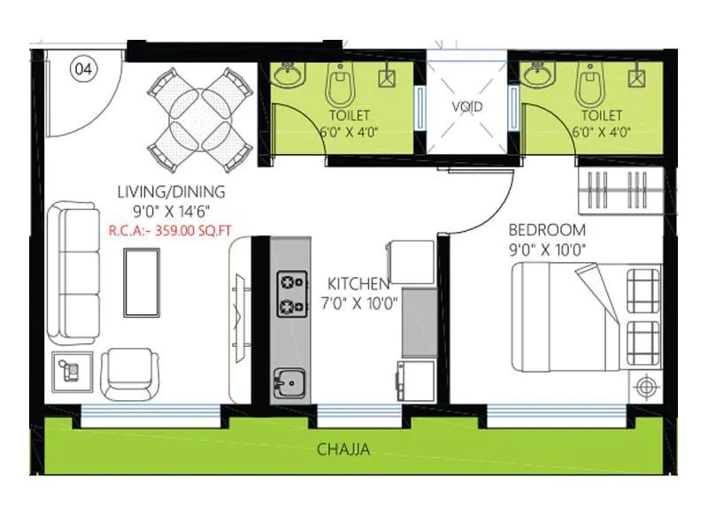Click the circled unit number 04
click(83, 68)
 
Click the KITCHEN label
click(358, 284)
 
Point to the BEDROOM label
click(546, 230)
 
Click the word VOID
click(467, 107)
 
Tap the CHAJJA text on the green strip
click(342, 450)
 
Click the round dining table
click(197, 118)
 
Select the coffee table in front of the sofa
click(142, 281)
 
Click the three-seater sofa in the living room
click(73, 273)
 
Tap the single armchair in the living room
click(129, 373)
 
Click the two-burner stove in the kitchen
click(288, 295)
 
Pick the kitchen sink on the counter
click(288, 383)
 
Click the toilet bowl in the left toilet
click(336, 86)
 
